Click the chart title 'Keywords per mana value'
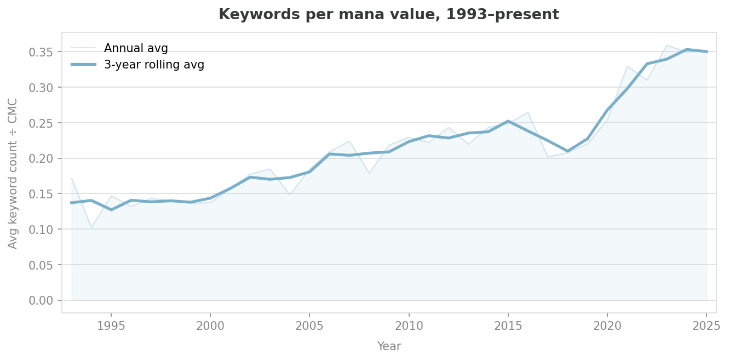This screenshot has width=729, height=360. [x=388, y=15]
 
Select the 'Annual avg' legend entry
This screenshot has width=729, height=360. [x=136, y=48]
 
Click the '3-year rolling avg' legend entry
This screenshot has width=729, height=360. [x=154, y=65]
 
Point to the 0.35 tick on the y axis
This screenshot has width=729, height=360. [x=46, y=52]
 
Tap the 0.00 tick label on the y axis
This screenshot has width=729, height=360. [x=46, y=300]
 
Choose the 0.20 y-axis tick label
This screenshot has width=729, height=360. [x=46, y=158]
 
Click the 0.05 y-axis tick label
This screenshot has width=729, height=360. [x=46, y=265]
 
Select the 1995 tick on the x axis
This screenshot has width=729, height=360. [x=111, y=327]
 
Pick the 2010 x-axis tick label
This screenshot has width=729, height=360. [x=409, y=327]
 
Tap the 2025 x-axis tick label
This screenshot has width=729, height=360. [x=707, y=327]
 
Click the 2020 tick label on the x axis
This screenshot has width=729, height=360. [x=607, y=327]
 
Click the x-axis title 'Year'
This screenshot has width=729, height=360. [x=388, y=346]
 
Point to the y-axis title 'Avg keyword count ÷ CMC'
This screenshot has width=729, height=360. [x=13, y=173]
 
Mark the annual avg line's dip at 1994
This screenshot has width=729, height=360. [x=91, y=227]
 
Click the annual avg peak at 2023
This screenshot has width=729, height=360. [x=667, y=45]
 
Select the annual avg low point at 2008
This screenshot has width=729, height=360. [x=369, y=173]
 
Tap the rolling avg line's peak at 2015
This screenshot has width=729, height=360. [x=508, y=121]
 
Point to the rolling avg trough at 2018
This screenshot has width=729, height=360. [x=567, y=151]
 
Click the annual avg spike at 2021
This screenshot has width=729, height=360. [x=627, y=66]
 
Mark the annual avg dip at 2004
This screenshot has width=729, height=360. [x=290, y=195]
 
